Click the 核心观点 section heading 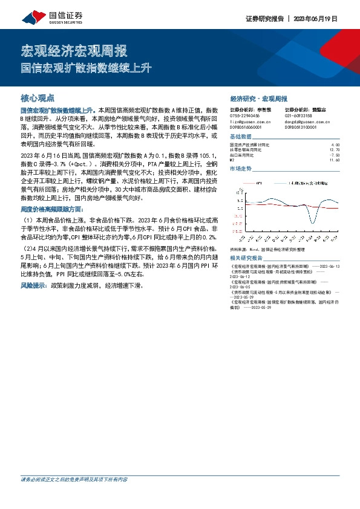pos(38,97)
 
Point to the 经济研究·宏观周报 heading pos(259,98)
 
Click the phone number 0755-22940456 pos(245,115)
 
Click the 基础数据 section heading pos(241,137)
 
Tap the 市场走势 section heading pos(241,169)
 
